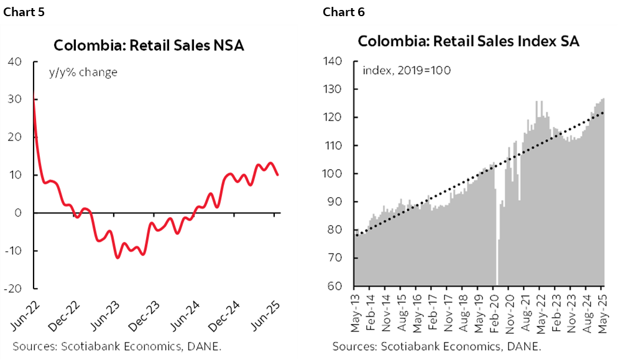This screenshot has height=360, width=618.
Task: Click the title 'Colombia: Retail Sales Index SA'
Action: click(468, 42)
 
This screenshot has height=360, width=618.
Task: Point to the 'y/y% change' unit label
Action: click(83, 73)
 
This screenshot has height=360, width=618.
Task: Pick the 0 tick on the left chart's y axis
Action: click(19, 213)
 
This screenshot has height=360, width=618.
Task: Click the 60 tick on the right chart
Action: click(336, 287)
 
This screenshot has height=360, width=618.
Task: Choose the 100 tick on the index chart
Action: click(333, 174)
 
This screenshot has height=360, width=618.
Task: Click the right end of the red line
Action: click(277, 175)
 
